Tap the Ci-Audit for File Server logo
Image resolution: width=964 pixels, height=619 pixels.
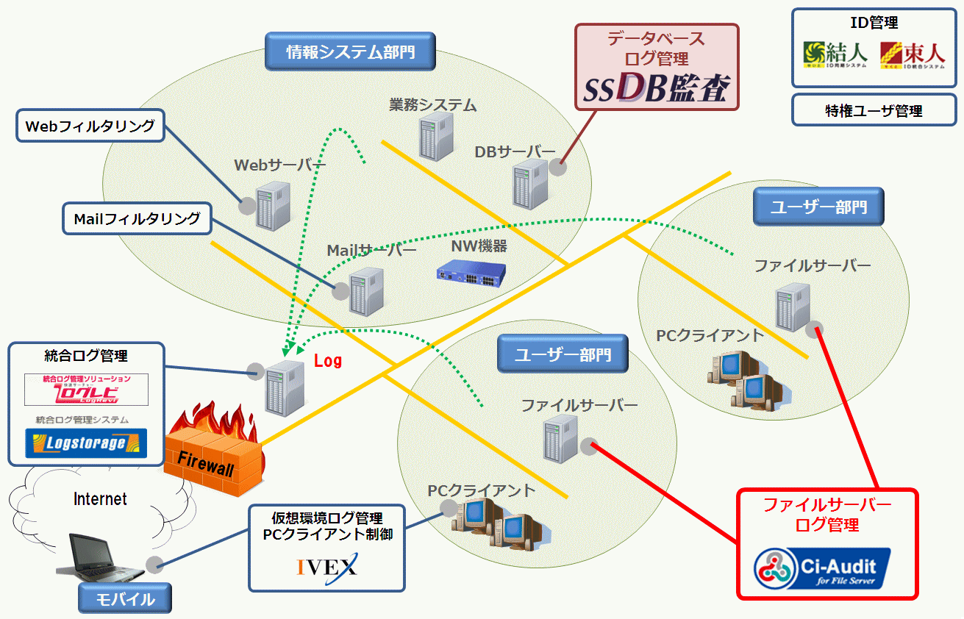pos(821,570)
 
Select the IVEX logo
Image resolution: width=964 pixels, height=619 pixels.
pos(326,567)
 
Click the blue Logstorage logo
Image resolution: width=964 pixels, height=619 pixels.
pos(85,443)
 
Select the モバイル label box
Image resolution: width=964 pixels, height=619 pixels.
pos(125,598)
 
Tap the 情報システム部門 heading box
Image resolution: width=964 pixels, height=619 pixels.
pos(349,51)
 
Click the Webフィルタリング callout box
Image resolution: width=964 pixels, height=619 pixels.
pos(90,126)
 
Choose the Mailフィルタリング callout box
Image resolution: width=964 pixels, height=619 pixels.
pos(137,218)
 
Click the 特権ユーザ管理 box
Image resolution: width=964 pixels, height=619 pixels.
pos(874,111)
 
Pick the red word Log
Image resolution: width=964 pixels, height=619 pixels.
pos(328,361)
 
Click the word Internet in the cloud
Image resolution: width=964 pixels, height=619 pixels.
pos(101,499)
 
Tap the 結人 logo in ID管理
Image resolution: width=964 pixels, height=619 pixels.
pos(835,54)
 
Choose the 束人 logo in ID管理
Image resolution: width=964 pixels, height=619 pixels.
pos(912,54)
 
